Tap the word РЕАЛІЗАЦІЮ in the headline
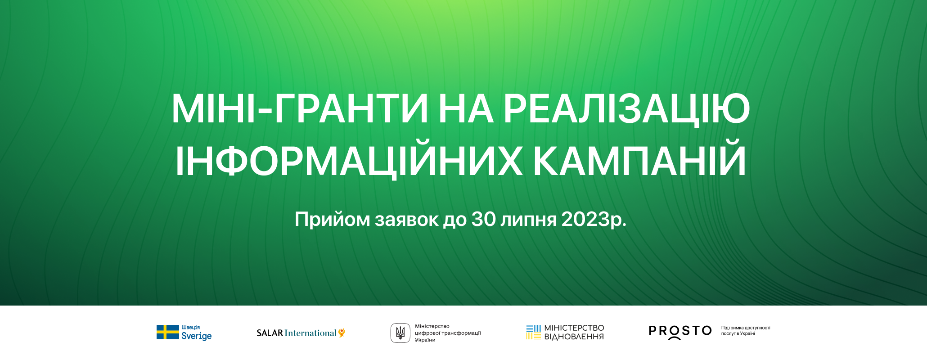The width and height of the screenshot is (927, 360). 626,110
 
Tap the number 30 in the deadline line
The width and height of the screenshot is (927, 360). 483,219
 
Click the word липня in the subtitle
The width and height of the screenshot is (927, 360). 529,220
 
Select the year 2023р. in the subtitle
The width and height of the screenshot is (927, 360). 594,220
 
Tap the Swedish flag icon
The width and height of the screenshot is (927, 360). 167,332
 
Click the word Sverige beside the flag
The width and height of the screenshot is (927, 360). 196,336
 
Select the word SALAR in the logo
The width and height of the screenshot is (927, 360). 270,333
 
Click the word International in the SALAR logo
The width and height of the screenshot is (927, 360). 310,333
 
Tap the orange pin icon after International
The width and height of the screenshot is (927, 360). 342,333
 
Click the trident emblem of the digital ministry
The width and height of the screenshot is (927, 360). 400,333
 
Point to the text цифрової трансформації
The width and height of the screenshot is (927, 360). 448,333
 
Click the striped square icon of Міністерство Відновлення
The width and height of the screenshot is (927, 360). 533,332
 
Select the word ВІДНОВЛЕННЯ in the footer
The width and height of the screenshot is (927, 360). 574,337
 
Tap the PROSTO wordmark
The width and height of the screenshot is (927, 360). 680,332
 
